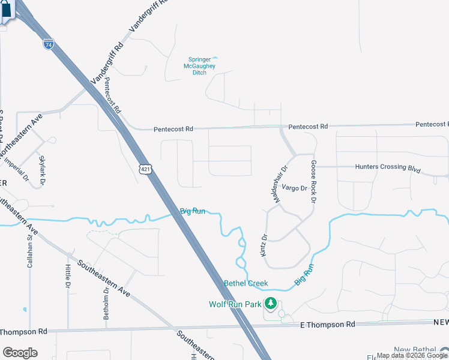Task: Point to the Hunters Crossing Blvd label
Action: (387, 169)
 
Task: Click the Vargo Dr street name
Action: (294, 188)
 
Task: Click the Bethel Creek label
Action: (246, 283)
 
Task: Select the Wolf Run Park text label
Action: (235, 304)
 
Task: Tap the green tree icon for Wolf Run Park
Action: (271, 304)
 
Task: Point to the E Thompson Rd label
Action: (327, 324)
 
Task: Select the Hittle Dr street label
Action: (68, 275)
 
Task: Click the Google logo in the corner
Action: (20, 353)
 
